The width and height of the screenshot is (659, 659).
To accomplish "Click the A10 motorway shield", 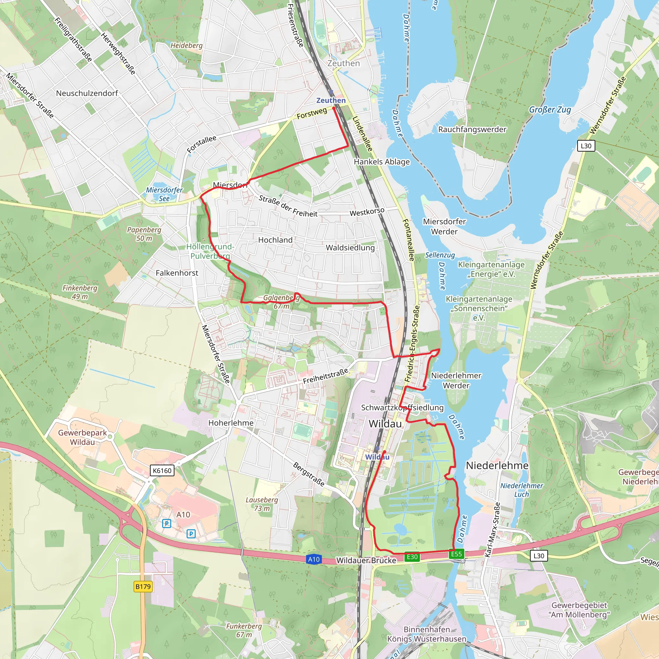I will tap(313, 559).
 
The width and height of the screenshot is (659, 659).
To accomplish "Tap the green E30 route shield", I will tap(412, 557).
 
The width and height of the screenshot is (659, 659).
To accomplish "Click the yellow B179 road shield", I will tap(143, 586).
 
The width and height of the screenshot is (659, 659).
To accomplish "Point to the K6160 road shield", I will tap(162, 471).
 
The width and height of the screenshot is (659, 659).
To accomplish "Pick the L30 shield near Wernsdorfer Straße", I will tap(586, 146).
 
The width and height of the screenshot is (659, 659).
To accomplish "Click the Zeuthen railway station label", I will tap(331, 100).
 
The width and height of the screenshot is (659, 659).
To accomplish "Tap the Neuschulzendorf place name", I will tap(87, 93).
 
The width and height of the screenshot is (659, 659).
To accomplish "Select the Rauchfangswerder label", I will tap(472, 129).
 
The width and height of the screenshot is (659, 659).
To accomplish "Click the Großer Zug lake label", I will tap(550, 109).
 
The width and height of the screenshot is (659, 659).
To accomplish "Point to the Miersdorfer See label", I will tap(164, 194).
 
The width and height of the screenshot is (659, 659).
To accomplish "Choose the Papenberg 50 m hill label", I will tap(144, 234).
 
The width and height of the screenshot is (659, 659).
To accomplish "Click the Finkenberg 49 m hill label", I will tap(80, 292).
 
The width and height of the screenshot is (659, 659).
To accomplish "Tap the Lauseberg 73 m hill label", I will tap(262, 504).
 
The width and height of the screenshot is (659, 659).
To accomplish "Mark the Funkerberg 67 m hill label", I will tap(244, 630).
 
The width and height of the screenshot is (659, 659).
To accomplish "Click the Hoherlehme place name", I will tap(231, 423).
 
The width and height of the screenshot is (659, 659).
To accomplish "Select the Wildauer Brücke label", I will tap(366, 561).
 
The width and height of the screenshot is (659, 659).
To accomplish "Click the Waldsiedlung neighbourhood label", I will tap(350, 248).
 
